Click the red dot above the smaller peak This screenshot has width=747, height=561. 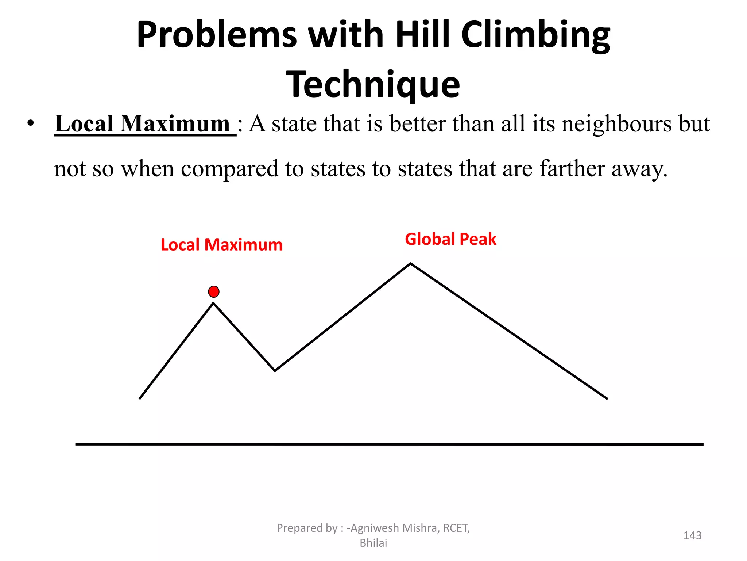(214, 291)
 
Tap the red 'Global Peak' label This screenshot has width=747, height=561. (450, 239)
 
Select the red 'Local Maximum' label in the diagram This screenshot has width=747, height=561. (221, 245)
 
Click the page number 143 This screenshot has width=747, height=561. (692, 535)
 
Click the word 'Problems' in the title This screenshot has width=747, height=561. (217, 35)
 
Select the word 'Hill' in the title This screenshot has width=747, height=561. (423, 35)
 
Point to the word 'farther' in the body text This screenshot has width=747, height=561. (572, 169)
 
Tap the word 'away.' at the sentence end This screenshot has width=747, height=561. (639, 169)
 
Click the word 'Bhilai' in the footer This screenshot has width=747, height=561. (373, 543)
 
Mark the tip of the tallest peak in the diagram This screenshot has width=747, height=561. (410, 263)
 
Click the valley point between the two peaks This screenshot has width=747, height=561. (275, 370)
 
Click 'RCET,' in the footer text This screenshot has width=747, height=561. (456, 528)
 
